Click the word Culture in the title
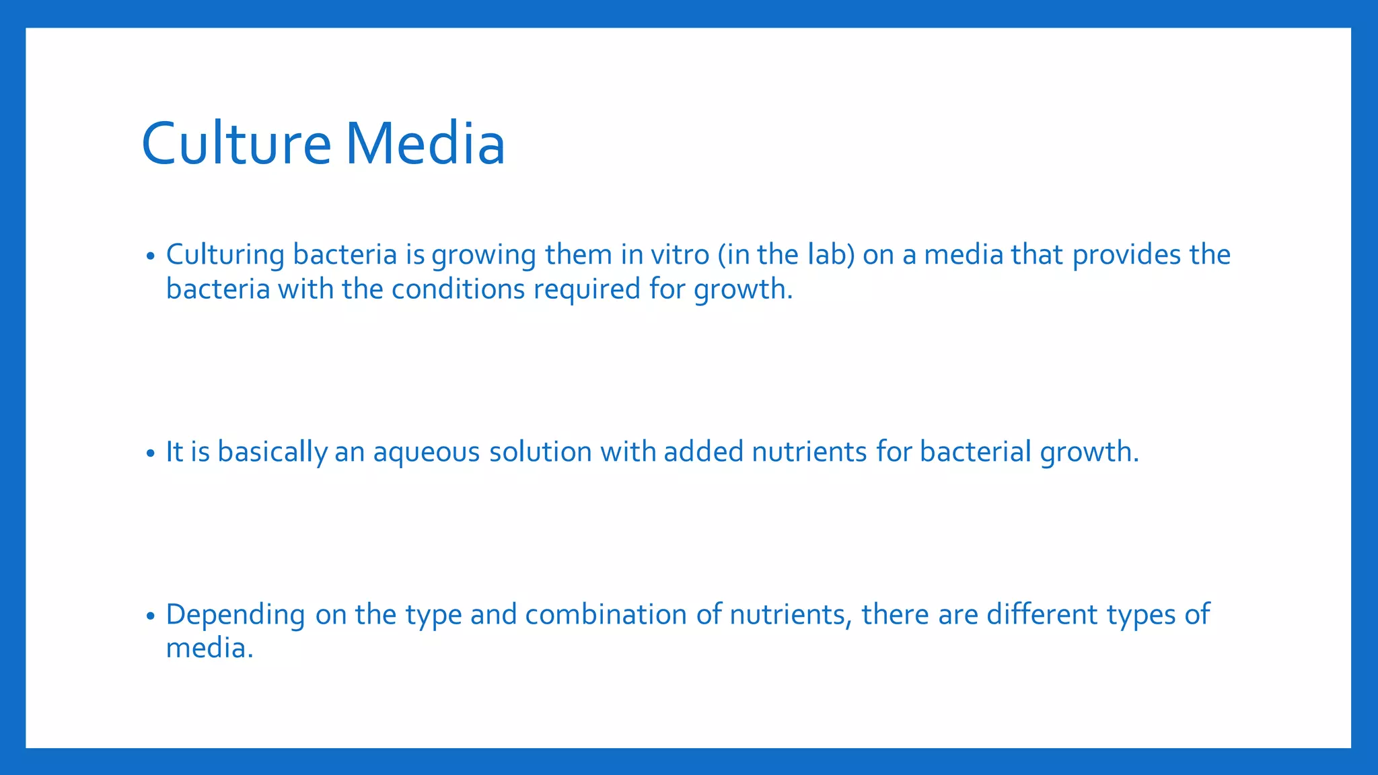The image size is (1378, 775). point(236,143)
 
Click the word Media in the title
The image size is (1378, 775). point(425,143)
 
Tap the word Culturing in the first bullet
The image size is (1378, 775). point(225,255)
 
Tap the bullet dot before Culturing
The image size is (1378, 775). point(151,257)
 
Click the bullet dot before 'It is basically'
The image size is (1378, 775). point(151,454)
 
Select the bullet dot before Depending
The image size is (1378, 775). point(151,616)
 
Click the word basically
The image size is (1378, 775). point(272,452)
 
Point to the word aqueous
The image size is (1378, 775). point(427,452)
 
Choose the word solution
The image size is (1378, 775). point(540,452)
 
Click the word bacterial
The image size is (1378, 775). point(975,452)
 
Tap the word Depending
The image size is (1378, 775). point(235,615)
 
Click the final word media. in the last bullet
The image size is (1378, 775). point(209,649)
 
